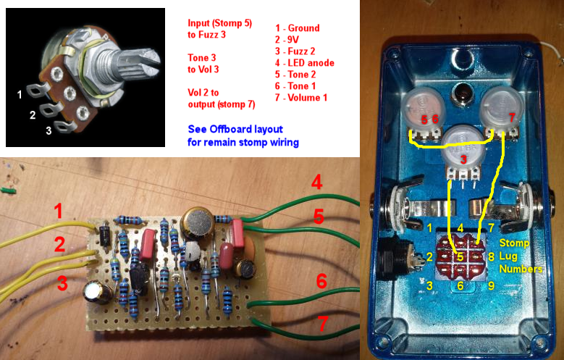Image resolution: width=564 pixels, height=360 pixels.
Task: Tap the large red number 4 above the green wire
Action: tap(316, 182)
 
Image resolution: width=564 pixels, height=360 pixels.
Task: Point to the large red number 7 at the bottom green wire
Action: tap(323, 323)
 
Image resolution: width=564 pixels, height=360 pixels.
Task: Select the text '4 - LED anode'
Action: tap(304, 63)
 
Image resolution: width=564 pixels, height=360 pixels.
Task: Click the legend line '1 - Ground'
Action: tap(297, 28)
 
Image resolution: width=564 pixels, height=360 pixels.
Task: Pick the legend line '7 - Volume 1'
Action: tap(301, 98)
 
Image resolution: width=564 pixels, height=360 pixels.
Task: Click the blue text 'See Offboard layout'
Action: tap(235, 129)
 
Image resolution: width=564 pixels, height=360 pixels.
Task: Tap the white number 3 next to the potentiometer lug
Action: tap(49, 130)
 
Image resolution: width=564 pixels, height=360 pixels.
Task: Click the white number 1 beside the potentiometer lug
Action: tap(20, 95)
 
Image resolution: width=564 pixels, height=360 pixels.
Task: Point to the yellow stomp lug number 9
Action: tap(491, 285)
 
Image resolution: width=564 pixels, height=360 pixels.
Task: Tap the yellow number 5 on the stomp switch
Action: tap(460, 256)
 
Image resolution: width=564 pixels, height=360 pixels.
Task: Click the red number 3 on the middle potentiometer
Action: tap(463, 159)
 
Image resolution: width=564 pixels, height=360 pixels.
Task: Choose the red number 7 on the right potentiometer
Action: tap(512, 117)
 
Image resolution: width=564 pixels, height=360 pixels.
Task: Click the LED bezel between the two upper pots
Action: tap(462, 95)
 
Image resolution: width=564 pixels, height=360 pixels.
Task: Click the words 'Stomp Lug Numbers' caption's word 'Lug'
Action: tap(508, 256)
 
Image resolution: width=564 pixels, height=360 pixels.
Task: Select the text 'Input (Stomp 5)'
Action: tap(220, 23)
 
